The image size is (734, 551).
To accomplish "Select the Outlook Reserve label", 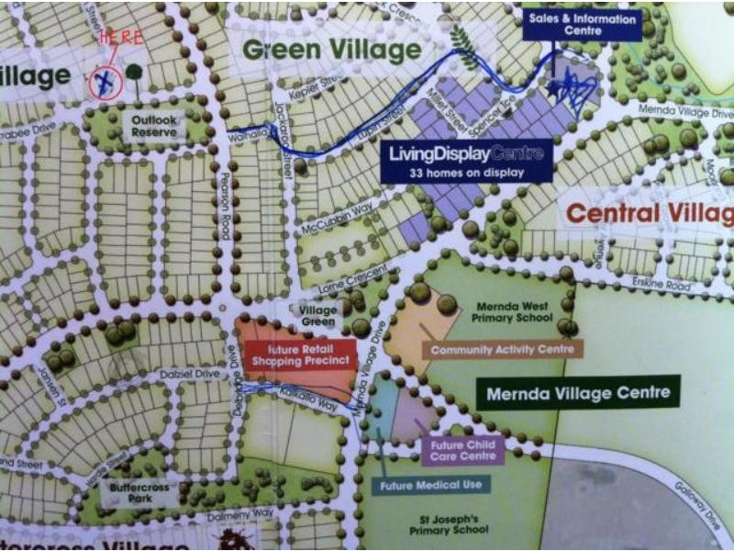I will click(x=153, y=126).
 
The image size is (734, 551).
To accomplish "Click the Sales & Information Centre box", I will click(x=582, y=24).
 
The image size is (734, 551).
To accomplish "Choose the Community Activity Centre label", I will click(x=502, y=349).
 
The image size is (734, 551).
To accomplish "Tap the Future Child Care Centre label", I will click(x=463, y=450).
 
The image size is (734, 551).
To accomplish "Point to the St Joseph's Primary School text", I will click(x=447, y=525).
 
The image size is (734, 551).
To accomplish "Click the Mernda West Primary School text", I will click(x=511, y=312).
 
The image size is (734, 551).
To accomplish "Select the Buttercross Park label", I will click(x=140, y=494).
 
